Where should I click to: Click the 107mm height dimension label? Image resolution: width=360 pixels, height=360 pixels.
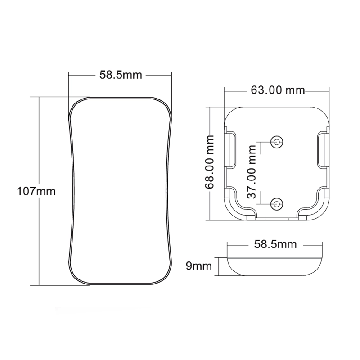(x=36, y=191)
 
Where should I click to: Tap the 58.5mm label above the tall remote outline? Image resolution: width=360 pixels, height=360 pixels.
(x=121, y=75)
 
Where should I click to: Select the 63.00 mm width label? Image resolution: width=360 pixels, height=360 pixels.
(x=278, y=90)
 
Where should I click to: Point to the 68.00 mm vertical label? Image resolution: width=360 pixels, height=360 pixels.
(x=209, y=162)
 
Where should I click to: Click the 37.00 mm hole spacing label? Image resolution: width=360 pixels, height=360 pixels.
(x=252, y=172)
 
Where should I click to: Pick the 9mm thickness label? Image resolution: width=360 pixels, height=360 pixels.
(x=199, y=266)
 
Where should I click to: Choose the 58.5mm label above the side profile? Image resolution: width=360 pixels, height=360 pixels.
(x=275, y=244)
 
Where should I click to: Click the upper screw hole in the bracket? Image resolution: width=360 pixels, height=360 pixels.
(x=277, y=142)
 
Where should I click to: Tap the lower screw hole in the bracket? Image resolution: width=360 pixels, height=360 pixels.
(x=277, y=204)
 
